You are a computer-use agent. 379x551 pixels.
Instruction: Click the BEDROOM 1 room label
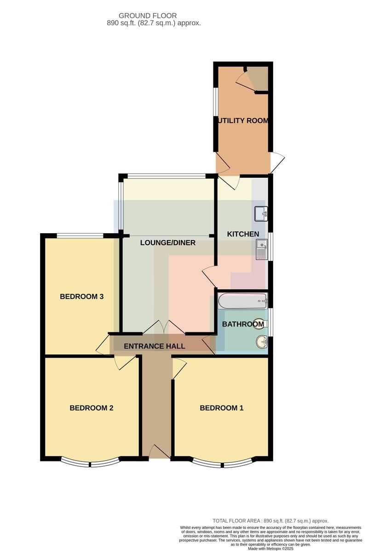point(222,408)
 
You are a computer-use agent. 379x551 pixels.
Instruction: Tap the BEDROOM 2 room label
point(92,408)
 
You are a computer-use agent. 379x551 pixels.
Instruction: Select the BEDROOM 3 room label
point(81,297)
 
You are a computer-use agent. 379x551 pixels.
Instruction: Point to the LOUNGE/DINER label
point(168,243)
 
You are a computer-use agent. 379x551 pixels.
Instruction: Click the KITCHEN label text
point(243,234)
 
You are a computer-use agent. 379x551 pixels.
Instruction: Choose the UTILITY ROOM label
point(243,120)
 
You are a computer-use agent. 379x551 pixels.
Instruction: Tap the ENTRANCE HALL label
point(155,346)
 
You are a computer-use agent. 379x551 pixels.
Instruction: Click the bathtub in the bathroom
point(243,300)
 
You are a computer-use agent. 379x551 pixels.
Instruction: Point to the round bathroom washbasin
point(262,342)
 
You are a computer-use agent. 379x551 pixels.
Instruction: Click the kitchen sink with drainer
point(262,249)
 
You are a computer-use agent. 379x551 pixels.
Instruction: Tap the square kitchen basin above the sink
point(261,214)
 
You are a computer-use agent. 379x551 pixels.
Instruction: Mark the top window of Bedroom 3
point(80,236)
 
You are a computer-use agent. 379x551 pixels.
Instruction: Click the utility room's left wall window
point(216,101)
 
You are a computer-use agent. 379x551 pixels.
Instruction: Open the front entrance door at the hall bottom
point(160,451)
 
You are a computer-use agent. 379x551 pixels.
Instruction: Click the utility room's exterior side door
point(278,163)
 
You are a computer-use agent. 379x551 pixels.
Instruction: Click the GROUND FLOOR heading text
point(148,16)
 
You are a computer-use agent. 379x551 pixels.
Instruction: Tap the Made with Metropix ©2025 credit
point(270,549)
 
